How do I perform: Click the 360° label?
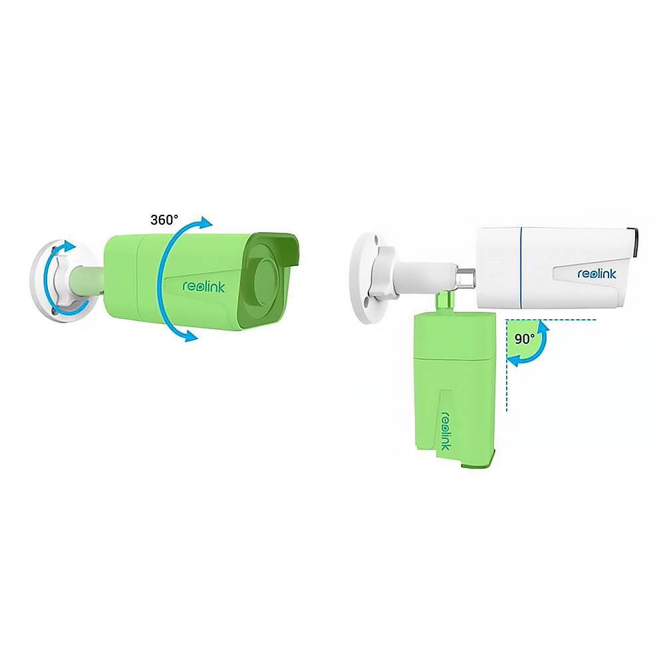[164, 219]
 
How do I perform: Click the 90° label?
[525, 339]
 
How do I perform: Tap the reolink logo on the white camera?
[597, 273]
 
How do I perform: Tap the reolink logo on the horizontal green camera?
[203, 286]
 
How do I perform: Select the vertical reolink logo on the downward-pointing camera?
[446, 430]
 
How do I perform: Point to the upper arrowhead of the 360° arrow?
[205, 223]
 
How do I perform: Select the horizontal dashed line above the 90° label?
[551, 320]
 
